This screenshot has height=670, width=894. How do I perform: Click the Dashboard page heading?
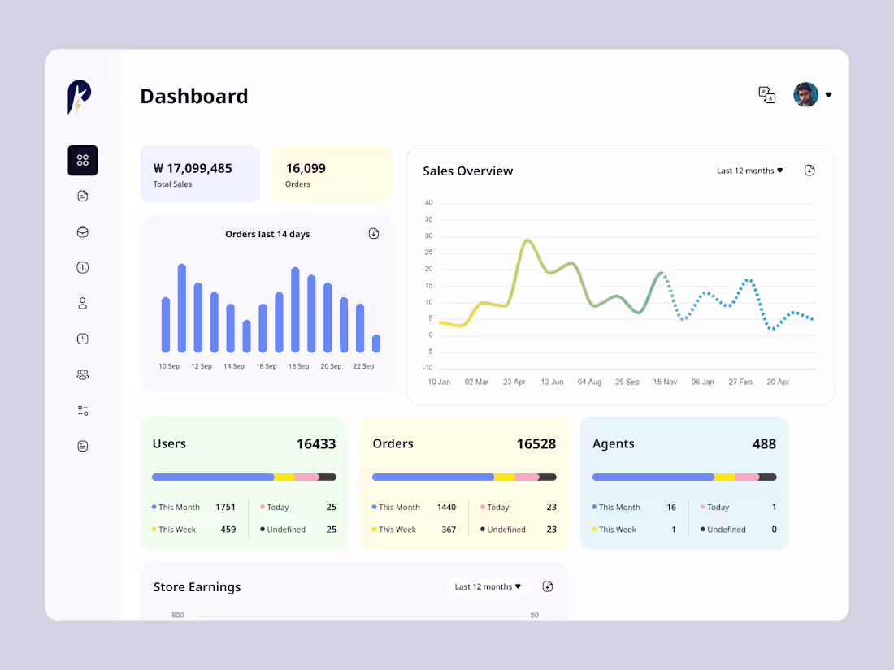tap(193, 96)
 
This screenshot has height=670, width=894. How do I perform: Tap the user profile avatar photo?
tap(805, 95)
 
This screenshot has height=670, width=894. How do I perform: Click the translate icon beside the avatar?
tap(766, 95)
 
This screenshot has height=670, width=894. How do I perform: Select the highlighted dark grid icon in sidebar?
tap(82, 161)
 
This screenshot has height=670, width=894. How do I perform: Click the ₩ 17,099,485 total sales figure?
tap(193, 168)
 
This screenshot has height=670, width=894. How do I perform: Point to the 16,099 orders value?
tap(306, 168)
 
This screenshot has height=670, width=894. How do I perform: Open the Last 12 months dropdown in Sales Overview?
tap(749, 171)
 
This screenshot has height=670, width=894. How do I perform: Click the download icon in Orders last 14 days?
tap(374, 234)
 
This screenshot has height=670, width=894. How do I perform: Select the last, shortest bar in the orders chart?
tap(376, 344)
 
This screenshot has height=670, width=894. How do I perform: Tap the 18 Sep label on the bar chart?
tap(298, 366)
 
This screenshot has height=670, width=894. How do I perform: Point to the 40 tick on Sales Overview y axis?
tap(428, 203)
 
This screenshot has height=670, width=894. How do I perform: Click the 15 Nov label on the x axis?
tap(665, 382)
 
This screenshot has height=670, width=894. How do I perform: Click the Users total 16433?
tap(315, 444)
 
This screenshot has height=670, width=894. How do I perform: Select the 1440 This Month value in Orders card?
tap(446, 507)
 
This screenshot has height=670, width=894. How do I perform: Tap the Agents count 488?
tap(764, 444)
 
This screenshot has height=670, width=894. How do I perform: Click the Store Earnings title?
tap(197, 587)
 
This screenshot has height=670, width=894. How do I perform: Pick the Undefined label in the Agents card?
tap(726, 530)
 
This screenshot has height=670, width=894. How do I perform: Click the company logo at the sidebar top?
tap(79, 97)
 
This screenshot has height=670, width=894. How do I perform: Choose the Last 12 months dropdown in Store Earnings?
tap(488, 586)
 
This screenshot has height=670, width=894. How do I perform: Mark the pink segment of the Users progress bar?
tap(306, 478)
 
